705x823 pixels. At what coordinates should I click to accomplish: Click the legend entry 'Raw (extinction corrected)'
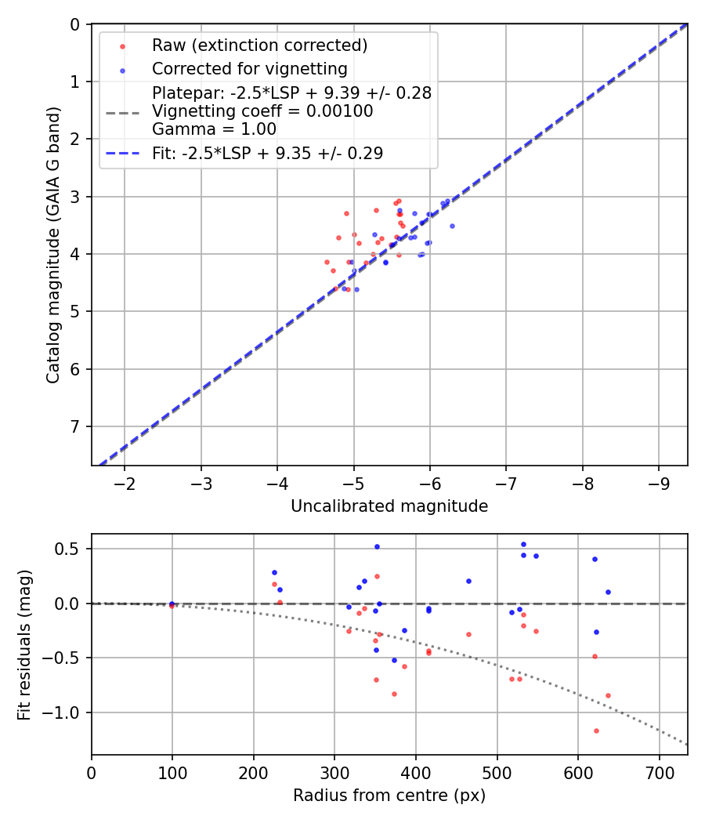(x=259, y=45)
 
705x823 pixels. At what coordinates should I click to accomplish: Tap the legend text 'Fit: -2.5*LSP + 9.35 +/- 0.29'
(x=267, y=154)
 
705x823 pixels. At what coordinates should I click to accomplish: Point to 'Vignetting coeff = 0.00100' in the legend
(x=262, y=111)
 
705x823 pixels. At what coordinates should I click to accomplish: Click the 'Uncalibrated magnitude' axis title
(x=389, y=506)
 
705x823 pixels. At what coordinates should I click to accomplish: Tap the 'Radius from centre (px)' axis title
(x=389, y=796)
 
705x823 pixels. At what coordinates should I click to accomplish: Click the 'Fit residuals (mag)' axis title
(x=24, y=644)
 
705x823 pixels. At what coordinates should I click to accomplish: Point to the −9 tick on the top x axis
(x=658, y=480)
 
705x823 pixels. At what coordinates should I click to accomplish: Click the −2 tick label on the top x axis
(x=125, y=480)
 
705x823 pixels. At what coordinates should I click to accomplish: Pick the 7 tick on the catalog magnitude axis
(x=76, y=426)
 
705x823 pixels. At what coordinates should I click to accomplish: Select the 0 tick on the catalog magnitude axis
(x=76, y=24)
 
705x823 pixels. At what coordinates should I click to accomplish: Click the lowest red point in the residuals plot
(x=596, y=731)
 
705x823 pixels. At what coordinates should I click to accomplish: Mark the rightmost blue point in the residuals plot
(x=608, y=592)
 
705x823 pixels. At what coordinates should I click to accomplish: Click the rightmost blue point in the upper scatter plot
(x=452, y=226)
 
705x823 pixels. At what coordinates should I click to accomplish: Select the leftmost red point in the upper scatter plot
(x=327, y=262)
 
